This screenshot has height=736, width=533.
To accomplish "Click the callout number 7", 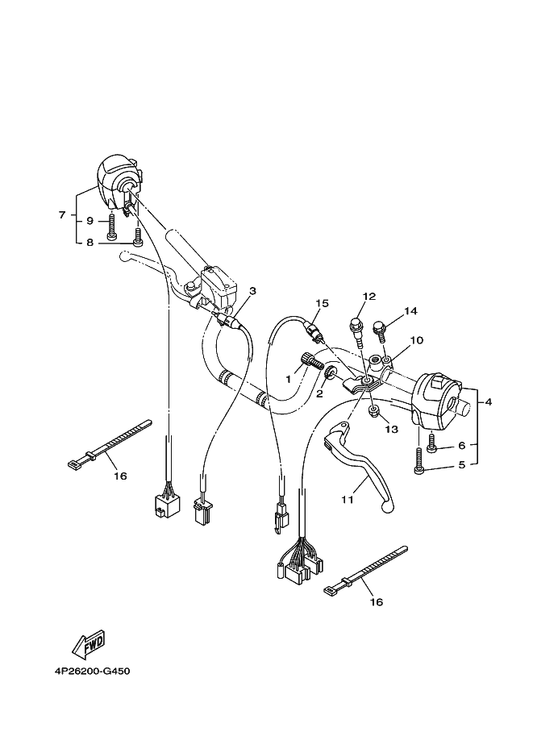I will point(61,215).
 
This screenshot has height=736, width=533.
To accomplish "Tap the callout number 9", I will point(90,220).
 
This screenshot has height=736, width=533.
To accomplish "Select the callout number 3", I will point(252,291).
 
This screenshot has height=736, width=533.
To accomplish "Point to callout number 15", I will point(322,303).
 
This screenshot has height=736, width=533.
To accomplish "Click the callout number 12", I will point(369,297).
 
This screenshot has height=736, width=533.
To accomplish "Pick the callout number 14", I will point(410,310).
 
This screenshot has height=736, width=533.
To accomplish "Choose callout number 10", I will point(416,340).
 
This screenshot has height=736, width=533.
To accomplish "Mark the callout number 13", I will point(391,430).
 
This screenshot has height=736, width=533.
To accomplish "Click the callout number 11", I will point(347,500).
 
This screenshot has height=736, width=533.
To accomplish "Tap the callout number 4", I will point(487,401).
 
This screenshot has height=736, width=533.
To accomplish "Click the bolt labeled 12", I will point(356,327).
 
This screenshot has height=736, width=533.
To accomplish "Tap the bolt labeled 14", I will point(381,328).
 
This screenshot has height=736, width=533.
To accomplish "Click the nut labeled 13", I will point(373,412).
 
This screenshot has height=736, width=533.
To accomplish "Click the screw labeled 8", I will point(138,237).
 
